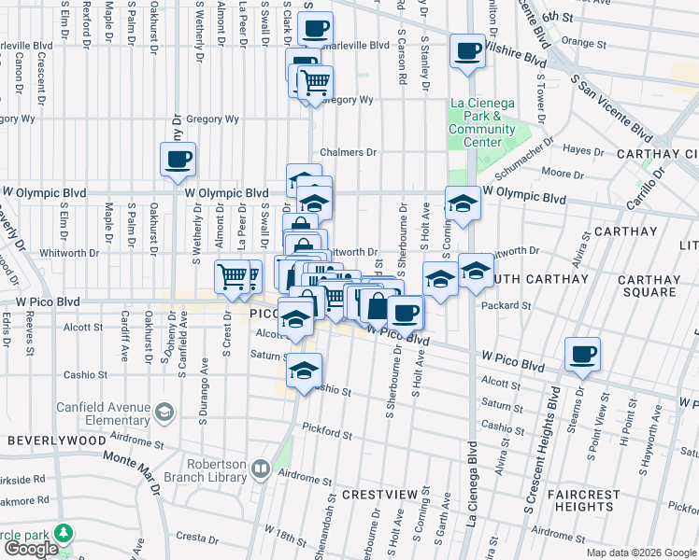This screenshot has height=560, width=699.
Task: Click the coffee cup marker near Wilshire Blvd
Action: pyautogui.click(x=466, y=51)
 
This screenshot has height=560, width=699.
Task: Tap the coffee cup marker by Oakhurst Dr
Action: pyautogui.click(x=178, y=159)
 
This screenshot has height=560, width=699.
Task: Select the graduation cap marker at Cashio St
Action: pyautogui.click(x=305, y=371)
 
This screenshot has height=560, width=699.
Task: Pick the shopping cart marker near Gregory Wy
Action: pyautogui.click(x=316, y=84)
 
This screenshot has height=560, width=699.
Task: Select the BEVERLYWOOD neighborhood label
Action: pyautogui.click(x=51, y=439)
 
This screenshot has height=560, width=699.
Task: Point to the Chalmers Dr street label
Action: pyautogui.click(x=348, y=152)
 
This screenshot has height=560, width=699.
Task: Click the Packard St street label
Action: pyautogui.click(x=506, y=305)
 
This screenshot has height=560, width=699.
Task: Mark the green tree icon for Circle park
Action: pyautogui.click(x=64, y=533)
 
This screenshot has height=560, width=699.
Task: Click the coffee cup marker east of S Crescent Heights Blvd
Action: pyautogui.click(x=582, y=354)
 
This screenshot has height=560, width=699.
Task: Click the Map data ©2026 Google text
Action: pyautogui.click(x=641, y=553)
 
